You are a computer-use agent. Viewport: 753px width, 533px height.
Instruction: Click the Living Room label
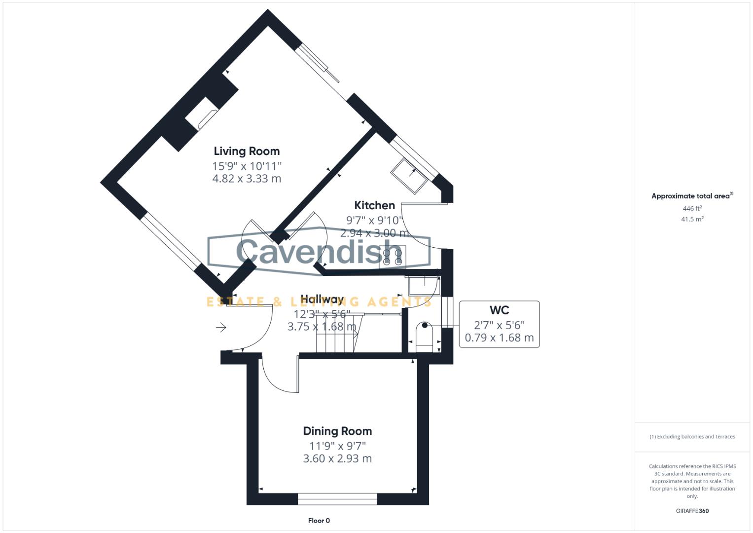click(247, 152)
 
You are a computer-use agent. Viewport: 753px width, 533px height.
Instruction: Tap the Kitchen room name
click(374, 205)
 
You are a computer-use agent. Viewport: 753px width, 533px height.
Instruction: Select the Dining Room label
click(337, 431)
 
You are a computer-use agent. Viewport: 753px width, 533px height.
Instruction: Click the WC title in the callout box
click(499, 310)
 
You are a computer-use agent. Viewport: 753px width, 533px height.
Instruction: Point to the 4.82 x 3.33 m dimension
click(247, 179)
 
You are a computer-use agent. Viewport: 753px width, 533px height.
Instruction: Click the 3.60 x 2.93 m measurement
click(337, 458)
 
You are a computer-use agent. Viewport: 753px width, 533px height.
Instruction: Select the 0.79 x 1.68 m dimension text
click(499, 338)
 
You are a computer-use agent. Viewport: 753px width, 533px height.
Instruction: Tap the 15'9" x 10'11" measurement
click(247, 166)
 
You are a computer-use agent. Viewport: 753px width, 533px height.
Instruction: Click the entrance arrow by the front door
click(220, 327)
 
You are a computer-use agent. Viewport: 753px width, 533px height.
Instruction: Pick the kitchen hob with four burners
click(393, 256)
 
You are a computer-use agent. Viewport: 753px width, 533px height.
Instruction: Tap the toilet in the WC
click(424, 338)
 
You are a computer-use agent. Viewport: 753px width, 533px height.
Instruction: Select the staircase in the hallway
click(335, 336)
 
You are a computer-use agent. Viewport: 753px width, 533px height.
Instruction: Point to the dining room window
click(337, 499)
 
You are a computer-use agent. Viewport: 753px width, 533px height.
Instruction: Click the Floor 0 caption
click(319, 521)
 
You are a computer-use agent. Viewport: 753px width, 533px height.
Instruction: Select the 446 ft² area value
click(692, 209)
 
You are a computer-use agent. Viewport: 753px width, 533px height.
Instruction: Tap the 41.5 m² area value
click(692, 219)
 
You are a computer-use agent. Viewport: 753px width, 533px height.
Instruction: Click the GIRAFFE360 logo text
click(692, 511)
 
